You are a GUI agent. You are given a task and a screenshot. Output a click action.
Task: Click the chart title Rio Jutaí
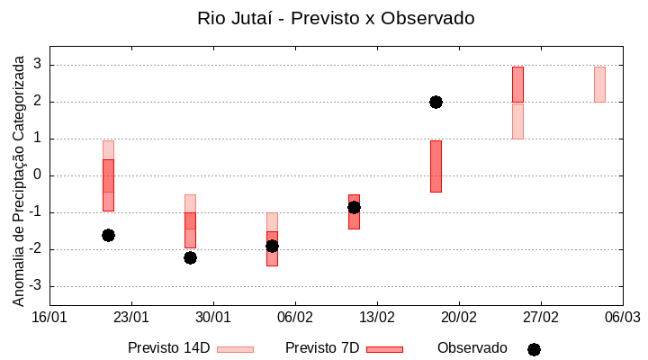tap(335, 18)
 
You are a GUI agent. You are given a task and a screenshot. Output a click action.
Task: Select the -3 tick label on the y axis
tap(35, 286)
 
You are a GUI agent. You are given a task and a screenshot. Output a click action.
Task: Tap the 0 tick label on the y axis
tap(38, 175)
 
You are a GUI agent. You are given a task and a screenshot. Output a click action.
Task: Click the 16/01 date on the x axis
tap(49, 317)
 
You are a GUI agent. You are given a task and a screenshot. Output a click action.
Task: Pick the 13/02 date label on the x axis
tap(377, 317)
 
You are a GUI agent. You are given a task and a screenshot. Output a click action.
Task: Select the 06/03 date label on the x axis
tap(622, 317)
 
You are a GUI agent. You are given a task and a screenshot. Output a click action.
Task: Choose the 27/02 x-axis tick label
tap(540, 317)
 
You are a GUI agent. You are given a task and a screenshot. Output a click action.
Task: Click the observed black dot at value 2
tap(436, 102)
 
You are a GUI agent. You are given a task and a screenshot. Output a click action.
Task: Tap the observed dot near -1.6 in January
tap(108, 235)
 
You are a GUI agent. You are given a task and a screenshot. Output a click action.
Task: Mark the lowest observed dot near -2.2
tap(190, 257)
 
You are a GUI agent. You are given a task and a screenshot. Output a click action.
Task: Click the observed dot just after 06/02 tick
tap(272, 246)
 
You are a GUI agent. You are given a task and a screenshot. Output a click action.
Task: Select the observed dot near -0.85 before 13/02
tap(354, 207)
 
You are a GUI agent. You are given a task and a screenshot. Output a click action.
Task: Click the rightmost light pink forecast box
tap(599, 84)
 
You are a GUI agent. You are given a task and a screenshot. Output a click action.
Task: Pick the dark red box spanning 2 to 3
tap(517, 84)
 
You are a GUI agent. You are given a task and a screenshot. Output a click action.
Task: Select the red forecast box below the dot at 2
tap(436, 166)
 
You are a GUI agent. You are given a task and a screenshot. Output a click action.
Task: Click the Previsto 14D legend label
tap(168, 348)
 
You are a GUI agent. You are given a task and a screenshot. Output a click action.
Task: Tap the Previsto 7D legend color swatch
tap(384, 349)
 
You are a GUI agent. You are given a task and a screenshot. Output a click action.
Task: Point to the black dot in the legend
tap(534, 349)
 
